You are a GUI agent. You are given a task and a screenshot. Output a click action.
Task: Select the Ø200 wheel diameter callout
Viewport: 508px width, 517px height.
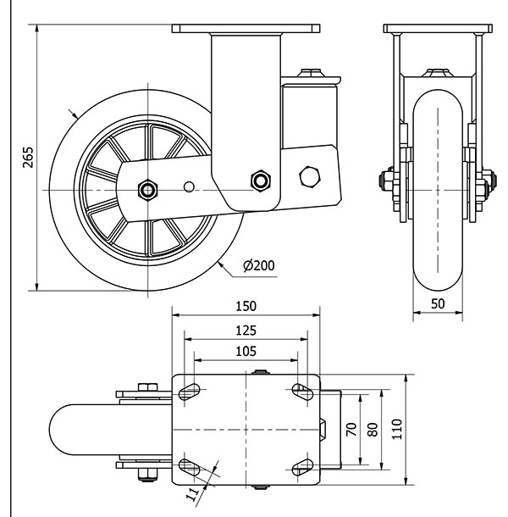(x=258, y=265)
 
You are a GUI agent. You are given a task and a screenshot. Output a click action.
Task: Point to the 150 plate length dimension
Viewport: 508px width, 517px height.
(x=246, y=305)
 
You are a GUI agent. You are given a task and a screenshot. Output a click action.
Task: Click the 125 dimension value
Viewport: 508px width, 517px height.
(x=246, y=331)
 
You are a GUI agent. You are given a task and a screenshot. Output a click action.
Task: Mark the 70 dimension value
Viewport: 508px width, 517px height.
(x=350, y=430)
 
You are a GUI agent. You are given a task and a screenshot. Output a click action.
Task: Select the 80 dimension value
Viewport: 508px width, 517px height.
(x=373, y=430)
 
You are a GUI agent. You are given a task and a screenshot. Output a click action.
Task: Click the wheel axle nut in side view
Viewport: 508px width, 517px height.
(x=149, y=189)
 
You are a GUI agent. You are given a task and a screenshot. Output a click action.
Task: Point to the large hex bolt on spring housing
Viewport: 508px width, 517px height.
(x=310, y=176)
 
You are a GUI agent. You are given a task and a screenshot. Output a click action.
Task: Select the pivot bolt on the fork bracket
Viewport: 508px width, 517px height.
(x=260, y=180)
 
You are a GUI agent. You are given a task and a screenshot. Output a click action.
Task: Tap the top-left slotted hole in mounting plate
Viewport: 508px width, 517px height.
(x=190, y=392)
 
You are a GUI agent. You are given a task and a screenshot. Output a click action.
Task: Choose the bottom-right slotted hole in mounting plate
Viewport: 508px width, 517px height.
(x=302, y=467)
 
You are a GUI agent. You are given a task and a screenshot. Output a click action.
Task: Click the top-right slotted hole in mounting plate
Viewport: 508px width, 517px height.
(x=302, y=392)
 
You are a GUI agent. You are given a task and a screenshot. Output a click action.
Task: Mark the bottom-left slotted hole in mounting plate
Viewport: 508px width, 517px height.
(x=190, y=467)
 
